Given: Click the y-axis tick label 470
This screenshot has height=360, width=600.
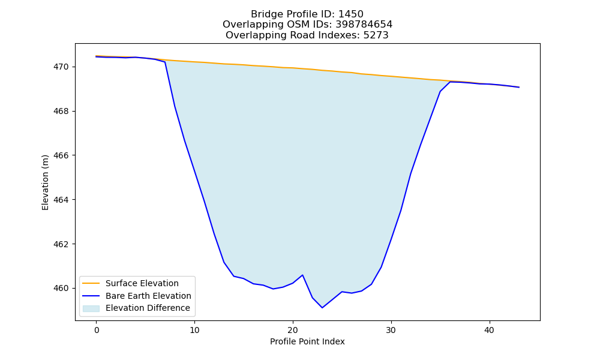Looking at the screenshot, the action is click(x=61, y=67).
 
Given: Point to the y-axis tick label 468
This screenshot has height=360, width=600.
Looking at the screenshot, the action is click(x=61, y=112).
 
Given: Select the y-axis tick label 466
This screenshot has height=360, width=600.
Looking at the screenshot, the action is click(x=61, y=156).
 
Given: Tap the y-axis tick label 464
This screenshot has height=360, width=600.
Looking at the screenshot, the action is click(x=61, y=200).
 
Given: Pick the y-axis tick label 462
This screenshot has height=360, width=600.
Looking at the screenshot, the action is click(x=61, y=244).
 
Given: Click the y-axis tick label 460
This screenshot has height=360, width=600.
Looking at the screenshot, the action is click(x=61, y=289).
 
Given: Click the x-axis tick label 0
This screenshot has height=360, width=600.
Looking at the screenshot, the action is click(x=97, y=330).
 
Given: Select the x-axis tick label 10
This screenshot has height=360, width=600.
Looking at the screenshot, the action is click(x=194, y=330).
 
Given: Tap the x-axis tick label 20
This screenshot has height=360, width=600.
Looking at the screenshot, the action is click(x=293, y=330).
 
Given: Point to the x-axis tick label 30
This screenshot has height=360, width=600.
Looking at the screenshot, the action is click(x=391, y=330).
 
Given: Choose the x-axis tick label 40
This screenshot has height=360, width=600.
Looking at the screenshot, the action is click(x=489, y=330).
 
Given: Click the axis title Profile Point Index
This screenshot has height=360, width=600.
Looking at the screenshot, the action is click(x=307, y=341).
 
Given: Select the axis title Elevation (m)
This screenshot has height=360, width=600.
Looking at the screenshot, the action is click(x=45, y=182).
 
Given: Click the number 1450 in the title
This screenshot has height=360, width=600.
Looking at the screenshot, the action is click(x=351, y=14).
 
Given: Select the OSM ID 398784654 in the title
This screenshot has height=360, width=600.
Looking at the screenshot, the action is click(x=364, y=25).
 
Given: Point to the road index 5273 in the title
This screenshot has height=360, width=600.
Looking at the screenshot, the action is click(x=376, y=35).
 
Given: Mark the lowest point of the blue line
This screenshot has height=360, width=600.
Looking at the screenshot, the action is click(x=322, y=308).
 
